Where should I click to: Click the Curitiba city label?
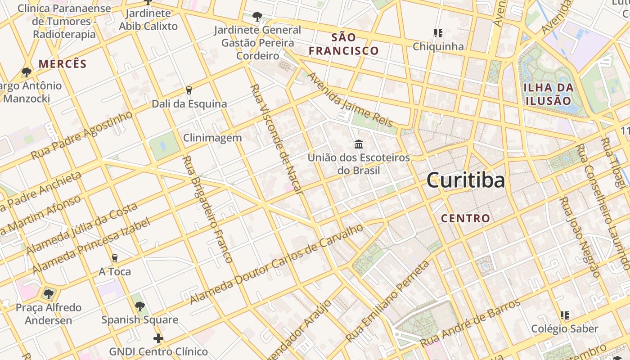pyautogui.click(x=465, y=180)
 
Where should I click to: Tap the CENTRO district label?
pyautogui.click(x=465, y=219)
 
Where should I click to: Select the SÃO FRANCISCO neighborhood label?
pyautogui.click(x=344, y=44)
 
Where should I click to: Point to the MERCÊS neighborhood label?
pyautogui.click(x=62, y=64)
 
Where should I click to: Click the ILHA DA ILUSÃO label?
pyautogui.click(x=548, y=94)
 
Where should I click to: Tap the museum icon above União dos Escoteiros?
pyautogui.click(x=359, y=144)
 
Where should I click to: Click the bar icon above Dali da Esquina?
pyautogui.click(x=189, y=90)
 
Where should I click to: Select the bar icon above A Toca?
pyautogui.click(x=115, y=258)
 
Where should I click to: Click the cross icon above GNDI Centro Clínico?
pyautogui.click(x=158, y=338)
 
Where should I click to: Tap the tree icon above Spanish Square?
pyautogui.click(x=139, y=306)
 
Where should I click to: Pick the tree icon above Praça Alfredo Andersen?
pyautogui.click(x=48, y=294)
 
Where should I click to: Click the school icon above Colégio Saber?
pyautogui.click(x=565, y=315)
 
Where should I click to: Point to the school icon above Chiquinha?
pyautogui.click(x=438, y=33)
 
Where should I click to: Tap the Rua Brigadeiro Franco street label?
pyautogui.click(x=207, y=209)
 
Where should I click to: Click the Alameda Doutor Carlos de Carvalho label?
pyautogui.click(x=276, y=264)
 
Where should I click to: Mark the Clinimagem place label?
pyautogui.click(x=212, y=138)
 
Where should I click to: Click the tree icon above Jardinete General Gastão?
pyautogui.click(x=257, y=17)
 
